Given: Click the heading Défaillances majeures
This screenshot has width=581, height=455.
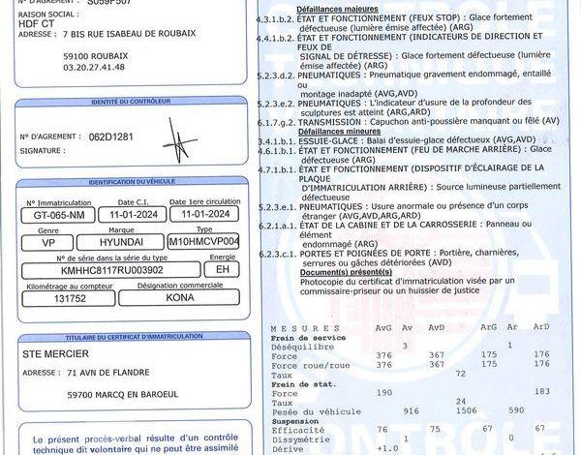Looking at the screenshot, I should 296,7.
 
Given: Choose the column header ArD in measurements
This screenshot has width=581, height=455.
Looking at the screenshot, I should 541,326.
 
